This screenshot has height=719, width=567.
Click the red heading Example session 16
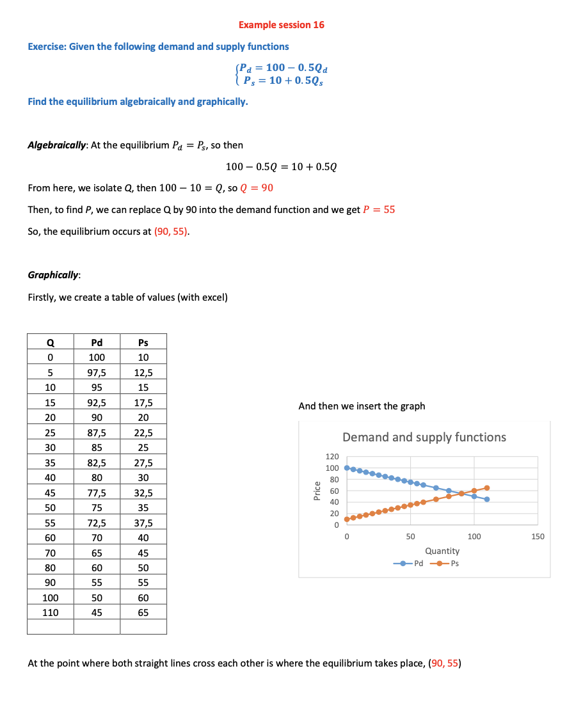click(281, 25)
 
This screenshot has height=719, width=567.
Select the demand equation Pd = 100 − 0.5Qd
click(284, 68)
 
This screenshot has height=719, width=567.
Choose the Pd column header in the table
click(97, 342)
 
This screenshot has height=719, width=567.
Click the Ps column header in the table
click(143, 342)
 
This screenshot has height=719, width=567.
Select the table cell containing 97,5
click(97, 372)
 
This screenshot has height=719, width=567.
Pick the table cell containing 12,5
click(143, 372)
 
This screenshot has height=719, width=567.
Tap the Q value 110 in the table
click(50, 612)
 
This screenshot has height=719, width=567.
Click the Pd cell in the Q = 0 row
click(97, 357)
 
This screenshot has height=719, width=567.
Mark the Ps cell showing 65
click(143, 612)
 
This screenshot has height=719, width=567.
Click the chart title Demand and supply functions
click(424, 438)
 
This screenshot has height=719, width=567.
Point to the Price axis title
click(316, 491)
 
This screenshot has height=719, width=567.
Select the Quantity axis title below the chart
click(442, 551)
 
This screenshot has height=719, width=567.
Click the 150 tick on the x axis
click(538, 536)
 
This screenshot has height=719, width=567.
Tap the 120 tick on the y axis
click(331, 457)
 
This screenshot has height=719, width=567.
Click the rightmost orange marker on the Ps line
click(487, 488)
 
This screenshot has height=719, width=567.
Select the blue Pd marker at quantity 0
click(347, 468)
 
